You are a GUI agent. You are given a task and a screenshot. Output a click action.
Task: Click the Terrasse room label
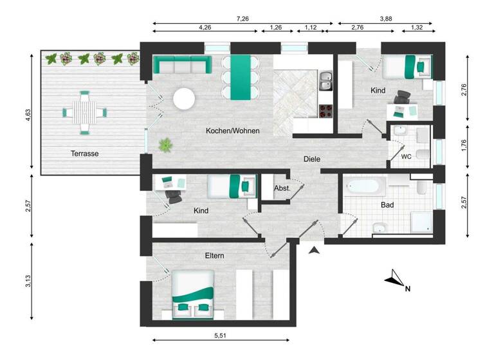point(85,154)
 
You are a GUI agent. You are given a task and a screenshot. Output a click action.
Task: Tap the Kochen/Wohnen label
point(232,130)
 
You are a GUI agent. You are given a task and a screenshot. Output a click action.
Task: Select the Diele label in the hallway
point(312,159)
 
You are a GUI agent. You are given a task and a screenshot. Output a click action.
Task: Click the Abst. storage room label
point(282,189)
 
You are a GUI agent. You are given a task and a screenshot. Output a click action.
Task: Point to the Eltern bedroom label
point(214,255)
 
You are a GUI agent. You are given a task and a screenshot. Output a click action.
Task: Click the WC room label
point(406,156)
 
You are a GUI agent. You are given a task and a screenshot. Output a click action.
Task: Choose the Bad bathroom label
point(387,205)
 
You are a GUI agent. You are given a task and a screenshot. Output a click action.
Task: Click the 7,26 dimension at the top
point(242,19)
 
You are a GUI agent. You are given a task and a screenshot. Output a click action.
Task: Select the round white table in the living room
point(185,98)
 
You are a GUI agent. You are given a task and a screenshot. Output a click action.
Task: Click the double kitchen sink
point(325,80)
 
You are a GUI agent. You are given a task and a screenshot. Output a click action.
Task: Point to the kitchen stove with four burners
point(325,110)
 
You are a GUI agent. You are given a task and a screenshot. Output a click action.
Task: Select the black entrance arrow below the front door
point(315,251)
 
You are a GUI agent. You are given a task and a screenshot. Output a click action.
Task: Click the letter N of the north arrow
point(407,289)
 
